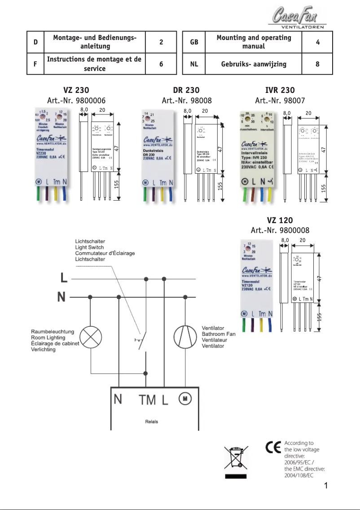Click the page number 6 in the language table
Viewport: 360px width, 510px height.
[x=161, y=64]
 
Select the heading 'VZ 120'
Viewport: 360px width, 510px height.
[x=280, y=220]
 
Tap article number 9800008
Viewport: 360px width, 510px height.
[x=280, y=230]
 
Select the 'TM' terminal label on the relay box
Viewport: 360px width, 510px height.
[x=148, y=399]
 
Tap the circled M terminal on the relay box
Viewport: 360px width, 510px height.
[x=184, y=398]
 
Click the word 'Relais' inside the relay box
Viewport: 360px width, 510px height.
[x=151, y=422]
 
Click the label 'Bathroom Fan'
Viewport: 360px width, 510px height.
[x=219, y=334]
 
